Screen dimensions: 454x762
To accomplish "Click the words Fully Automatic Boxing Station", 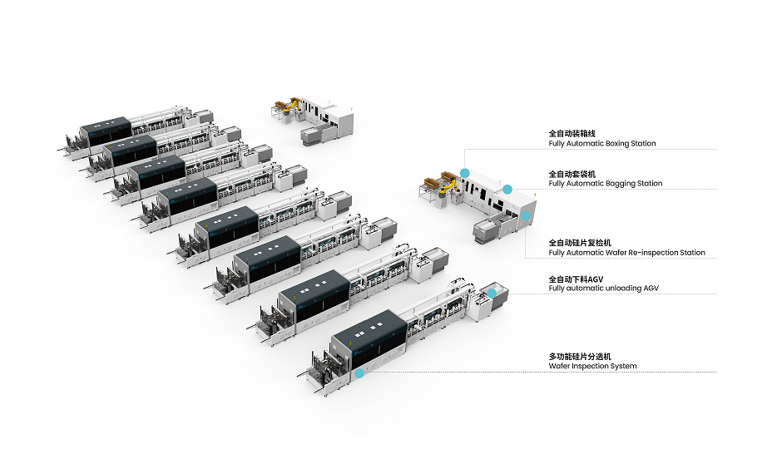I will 601,144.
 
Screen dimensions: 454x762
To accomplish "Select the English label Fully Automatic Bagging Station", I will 605,184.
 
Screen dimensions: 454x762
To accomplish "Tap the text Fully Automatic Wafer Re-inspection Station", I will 626,253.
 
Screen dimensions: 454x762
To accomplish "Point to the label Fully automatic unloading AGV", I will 603,288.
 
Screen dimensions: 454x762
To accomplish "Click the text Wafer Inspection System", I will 592,366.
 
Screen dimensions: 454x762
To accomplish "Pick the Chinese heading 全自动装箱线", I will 571,133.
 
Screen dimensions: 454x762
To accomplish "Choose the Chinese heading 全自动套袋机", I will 571,173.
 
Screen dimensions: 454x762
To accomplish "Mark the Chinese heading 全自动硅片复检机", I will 576,242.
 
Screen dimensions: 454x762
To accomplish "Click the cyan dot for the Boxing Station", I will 465,172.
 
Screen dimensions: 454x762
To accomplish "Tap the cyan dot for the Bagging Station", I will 507,189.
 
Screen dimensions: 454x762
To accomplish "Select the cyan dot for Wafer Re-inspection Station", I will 525,215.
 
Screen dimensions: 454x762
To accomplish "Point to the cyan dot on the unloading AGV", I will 492,293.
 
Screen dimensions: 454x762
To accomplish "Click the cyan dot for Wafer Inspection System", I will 359,374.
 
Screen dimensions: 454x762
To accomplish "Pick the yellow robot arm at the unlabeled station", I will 290,109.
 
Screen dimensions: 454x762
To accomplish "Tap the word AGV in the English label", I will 651,288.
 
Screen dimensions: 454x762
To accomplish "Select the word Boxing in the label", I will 617,144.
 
